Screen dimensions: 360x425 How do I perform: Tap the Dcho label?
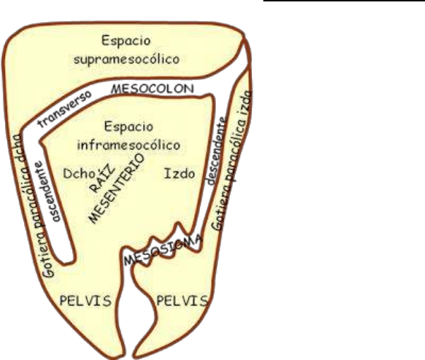click(76, 173)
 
